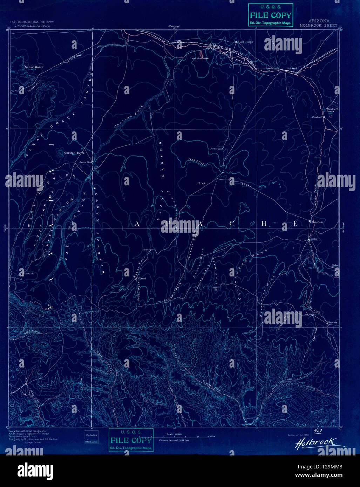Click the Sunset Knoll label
[33, 67]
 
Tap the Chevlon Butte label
[74, 153]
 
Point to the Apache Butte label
[200, 59]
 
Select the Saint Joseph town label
[245, 42]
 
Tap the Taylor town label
[314, 239]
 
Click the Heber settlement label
[146, 249]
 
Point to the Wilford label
[142, 279]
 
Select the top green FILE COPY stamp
[270, 15]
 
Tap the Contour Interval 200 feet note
[174, 440]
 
